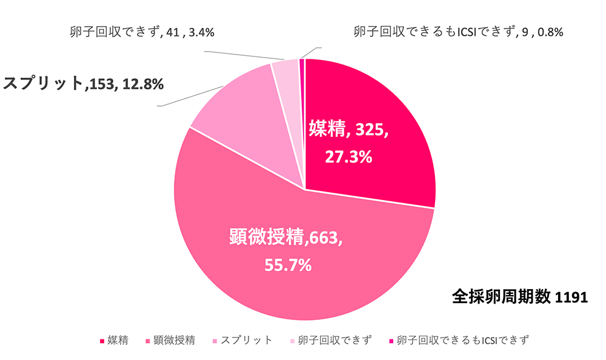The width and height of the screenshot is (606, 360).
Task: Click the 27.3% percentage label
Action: (x=348, y=156)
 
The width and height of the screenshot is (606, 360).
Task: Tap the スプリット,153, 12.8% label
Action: (x=84, y=83)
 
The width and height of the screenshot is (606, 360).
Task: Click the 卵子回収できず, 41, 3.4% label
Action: (x=142, y=32)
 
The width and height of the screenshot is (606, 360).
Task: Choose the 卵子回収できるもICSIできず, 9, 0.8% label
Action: (x=459, y=32)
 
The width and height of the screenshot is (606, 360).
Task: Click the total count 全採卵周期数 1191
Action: (x=520, y=297)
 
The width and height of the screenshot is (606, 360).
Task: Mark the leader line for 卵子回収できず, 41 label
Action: (x=242, y=56)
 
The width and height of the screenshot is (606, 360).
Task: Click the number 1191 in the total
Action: (x=571, y=297)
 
